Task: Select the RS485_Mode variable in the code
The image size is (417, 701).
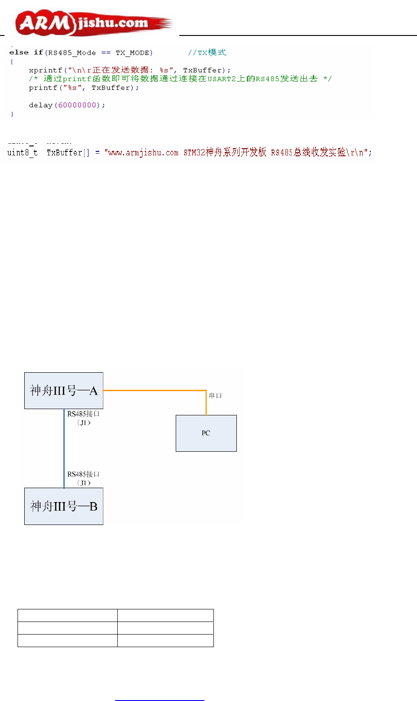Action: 71,53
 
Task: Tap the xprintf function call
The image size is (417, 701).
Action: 45,70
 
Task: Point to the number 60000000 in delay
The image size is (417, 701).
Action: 77,105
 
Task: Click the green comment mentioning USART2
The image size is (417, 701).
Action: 180,79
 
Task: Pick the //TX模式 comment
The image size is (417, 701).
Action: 207,53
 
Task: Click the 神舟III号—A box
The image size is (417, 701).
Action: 64,391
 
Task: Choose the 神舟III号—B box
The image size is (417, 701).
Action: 64,506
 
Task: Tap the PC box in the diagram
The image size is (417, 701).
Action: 206,433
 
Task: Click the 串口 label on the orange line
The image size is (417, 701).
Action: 216,396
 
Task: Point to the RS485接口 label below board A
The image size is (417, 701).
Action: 84,414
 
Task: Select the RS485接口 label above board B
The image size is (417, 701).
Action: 84,474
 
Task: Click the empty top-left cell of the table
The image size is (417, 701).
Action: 67,615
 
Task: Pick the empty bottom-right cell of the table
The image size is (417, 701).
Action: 165,640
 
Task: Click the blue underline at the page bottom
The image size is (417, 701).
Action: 160,700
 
